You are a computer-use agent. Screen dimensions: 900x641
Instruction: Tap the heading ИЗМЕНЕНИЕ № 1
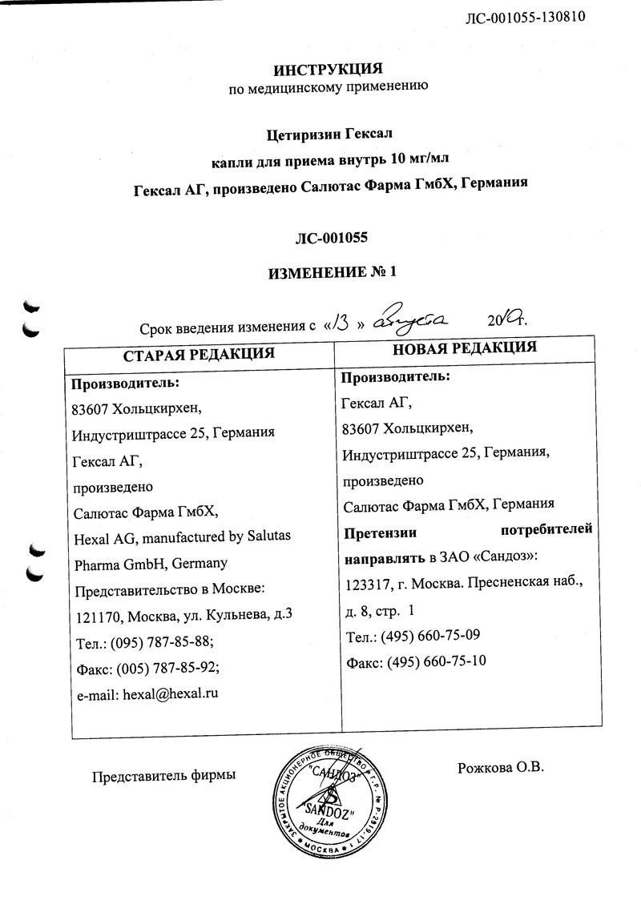[x=329, y=272]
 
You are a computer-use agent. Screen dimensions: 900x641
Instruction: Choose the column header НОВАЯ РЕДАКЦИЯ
[x=464, y=348]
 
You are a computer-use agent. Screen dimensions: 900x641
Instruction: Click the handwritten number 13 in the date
[x=341, y=322]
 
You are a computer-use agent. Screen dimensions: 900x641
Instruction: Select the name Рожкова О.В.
[x=500, y=768]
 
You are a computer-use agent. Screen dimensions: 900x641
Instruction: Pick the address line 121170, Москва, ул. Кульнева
[x=176, y=615]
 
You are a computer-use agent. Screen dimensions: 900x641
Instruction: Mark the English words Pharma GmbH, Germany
[x=151, y=563]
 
